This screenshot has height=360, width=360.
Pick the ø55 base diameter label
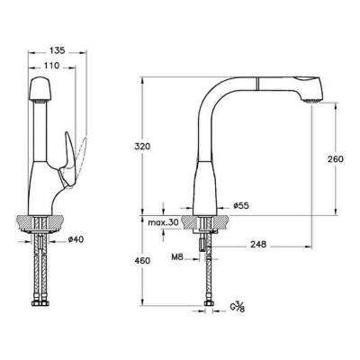click(x=239, y=206)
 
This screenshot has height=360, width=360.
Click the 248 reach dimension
click(x=263, y=242)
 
